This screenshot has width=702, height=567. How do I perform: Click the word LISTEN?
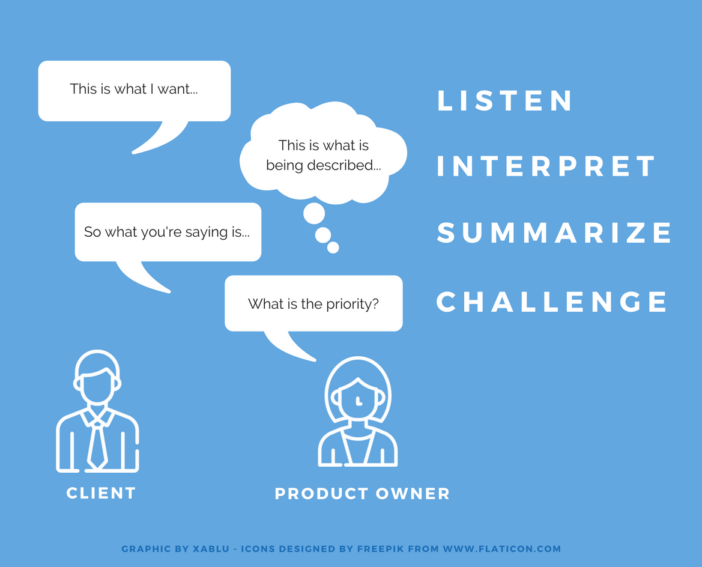(504, 100)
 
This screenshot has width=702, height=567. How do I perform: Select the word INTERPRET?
(546, 166)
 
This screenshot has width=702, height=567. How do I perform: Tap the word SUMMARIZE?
(554, 232)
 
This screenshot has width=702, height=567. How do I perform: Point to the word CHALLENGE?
(551, 302)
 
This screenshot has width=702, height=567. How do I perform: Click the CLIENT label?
(101, 493)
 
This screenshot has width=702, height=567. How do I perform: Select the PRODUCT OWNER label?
(362, 494)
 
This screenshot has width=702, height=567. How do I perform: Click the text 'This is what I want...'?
(134, 89)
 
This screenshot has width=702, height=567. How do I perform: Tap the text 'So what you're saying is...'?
(167, 232)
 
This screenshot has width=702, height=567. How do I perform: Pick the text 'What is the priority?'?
(313, 304)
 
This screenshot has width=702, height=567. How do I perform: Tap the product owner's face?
(358, 399)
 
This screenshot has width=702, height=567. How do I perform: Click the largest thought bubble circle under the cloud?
(314, 213)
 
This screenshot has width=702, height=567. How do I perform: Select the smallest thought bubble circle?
(333, 247)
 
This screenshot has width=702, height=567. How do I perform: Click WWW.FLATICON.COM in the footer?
(502, 548)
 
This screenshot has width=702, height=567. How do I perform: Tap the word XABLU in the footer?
(211, 548)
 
